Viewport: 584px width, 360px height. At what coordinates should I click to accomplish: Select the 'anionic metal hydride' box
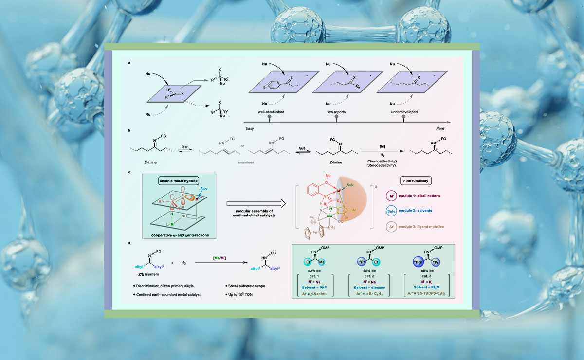point(178,181)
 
